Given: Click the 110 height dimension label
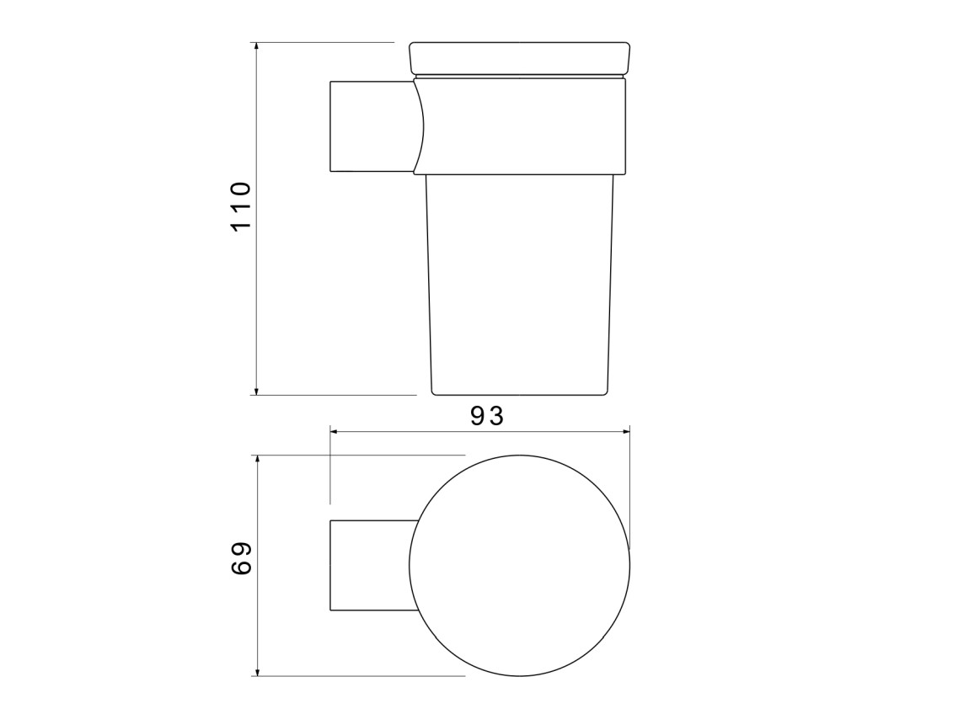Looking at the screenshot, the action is [241, 205].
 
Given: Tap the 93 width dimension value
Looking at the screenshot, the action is [487, 416].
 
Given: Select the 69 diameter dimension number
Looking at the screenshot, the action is [241, 558].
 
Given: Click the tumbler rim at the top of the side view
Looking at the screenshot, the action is [520, 58].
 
